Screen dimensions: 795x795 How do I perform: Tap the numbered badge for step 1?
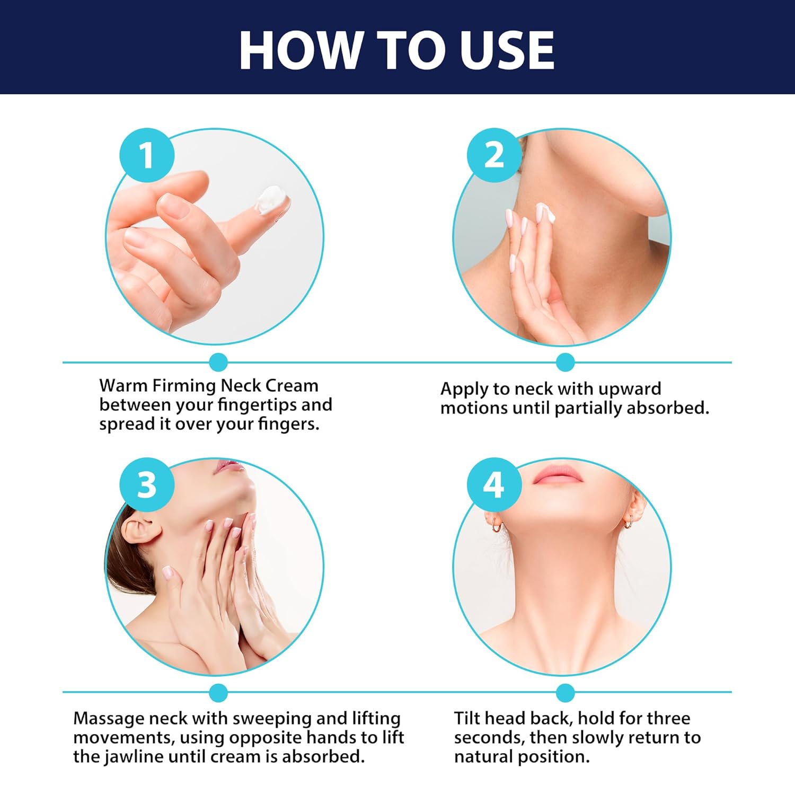[x=147, y=155]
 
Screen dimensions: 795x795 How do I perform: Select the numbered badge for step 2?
[x=494, y=155]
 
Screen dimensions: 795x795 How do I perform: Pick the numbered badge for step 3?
[x=147, y=484]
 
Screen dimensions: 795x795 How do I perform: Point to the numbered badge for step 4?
[x=494, y=484]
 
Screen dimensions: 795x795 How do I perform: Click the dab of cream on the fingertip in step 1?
[x=272, y=199]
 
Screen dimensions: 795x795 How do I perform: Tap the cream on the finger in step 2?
[x=545, y=211]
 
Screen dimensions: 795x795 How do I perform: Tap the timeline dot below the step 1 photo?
[x=218, y=363]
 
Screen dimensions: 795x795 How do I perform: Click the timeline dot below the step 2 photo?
[x=566, y=363]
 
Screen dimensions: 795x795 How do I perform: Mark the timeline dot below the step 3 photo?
[x=218, y=692]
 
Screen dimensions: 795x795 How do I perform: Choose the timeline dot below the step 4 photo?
[x=566, y=692]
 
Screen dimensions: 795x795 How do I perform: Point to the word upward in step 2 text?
[x=630, y=388]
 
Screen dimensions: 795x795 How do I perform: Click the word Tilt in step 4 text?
[x=467, y=718]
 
